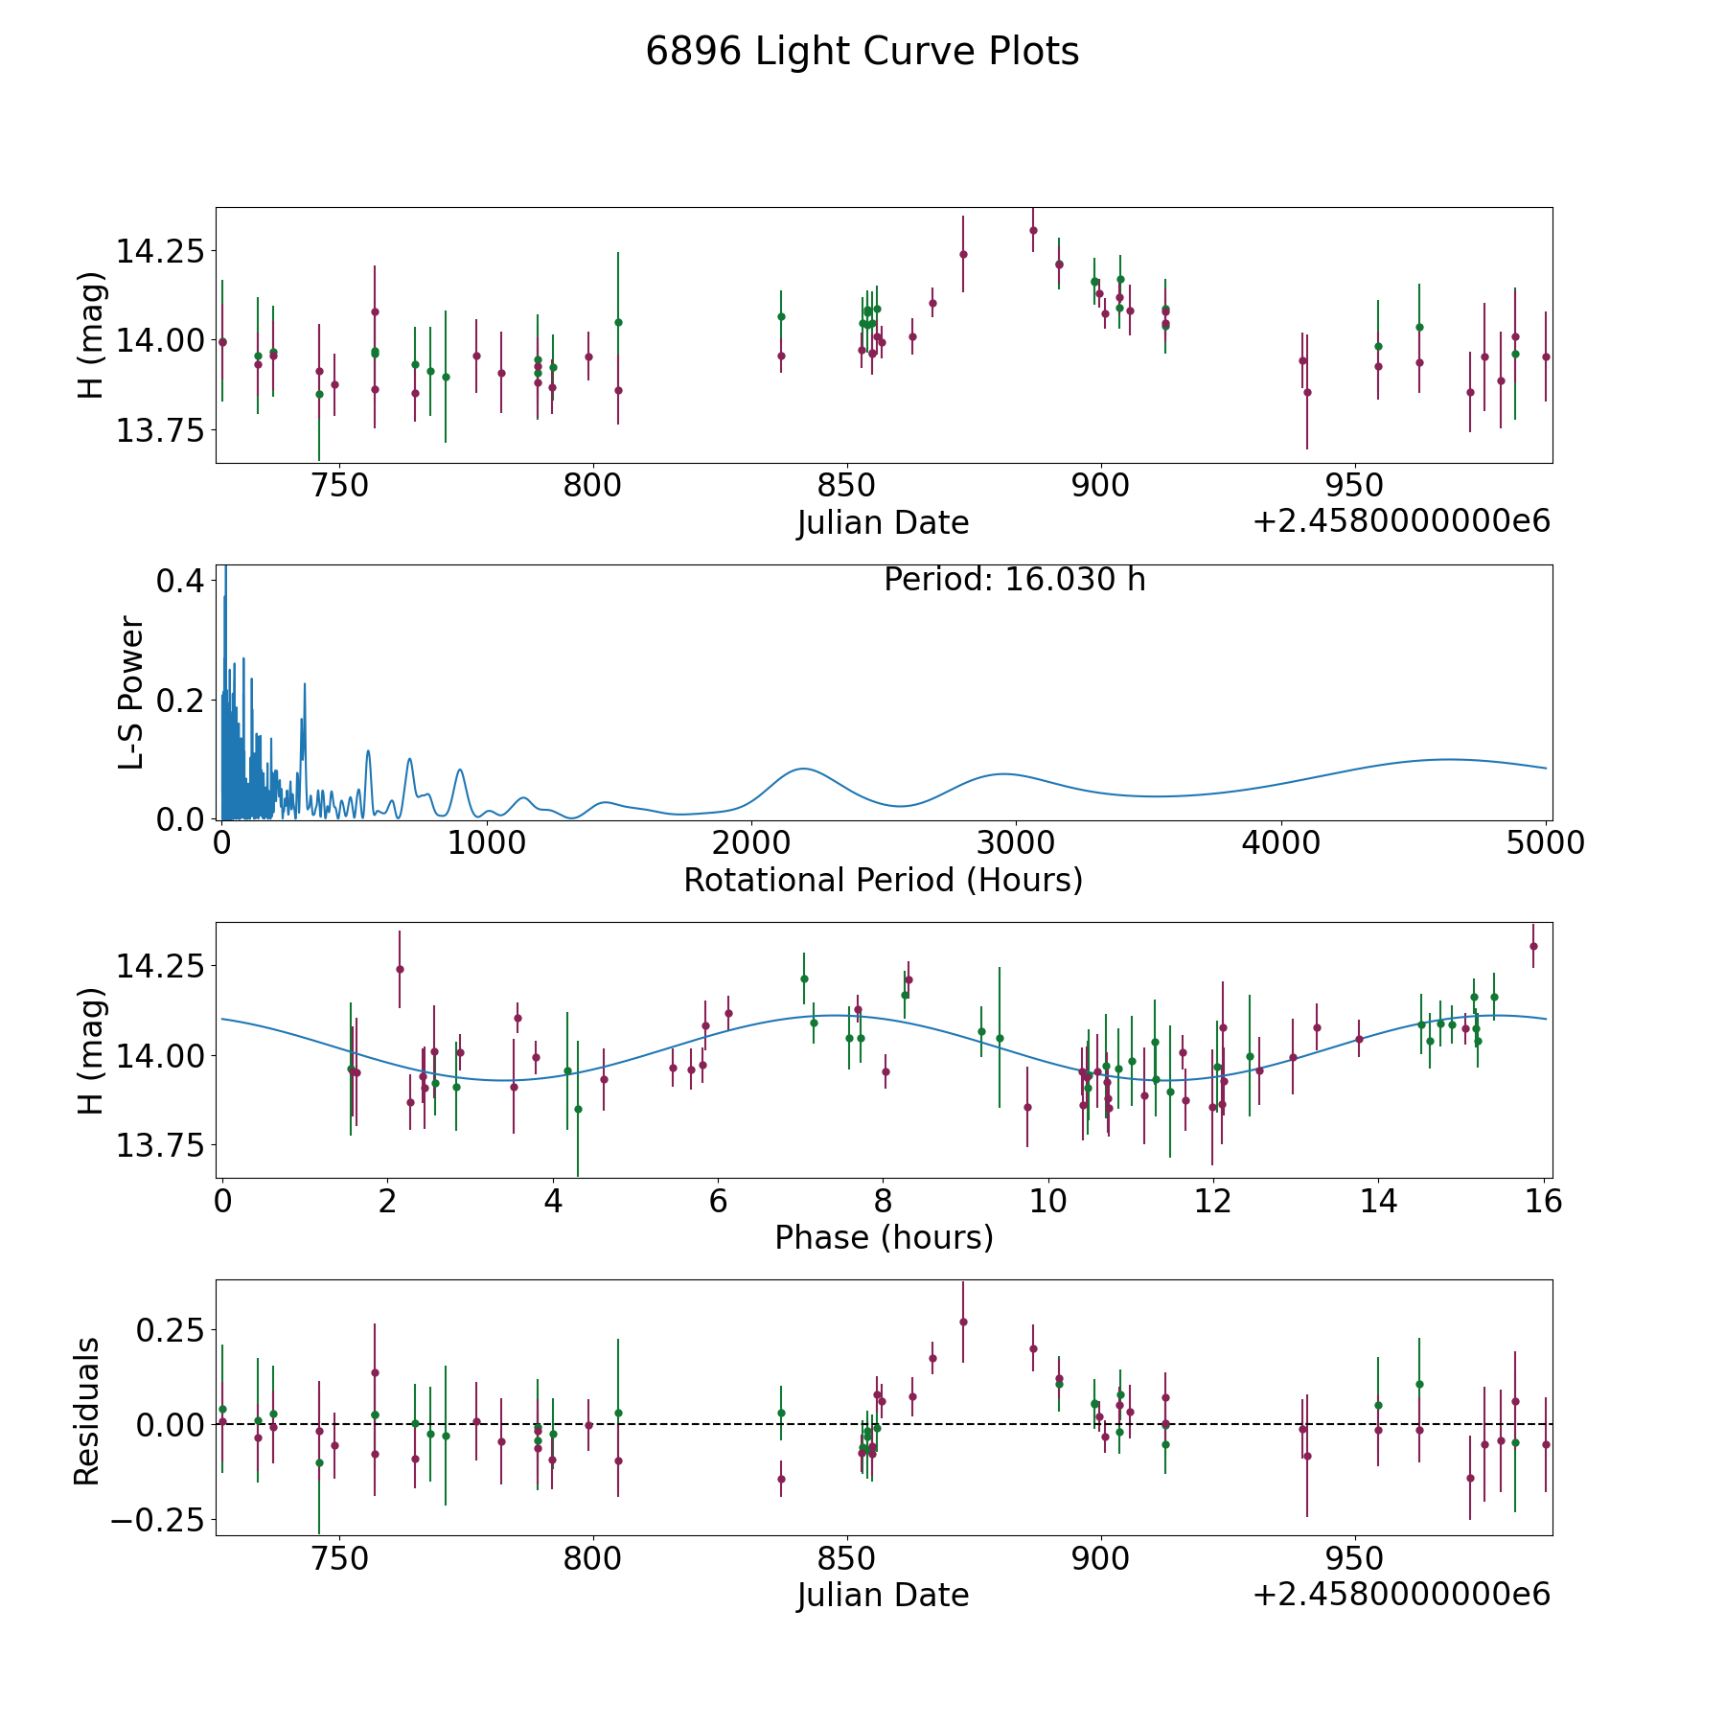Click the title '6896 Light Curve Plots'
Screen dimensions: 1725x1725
(x=862, y=52)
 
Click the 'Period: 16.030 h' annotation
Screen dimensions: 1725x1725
(x=1014, y=580)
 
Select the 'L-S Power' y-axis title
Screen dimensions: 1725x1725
(x=132, y=692)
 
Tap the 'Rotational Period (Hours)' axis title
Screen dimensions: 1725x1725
(x=883, y=880)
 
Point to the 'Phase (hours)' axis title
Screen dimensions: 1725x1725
(x=884, y=1237)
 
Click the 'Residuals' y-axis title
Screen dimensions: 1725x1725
(x=87, y=1411)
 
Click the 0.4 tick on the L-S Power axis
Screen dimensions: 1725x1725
(x=180, y=581)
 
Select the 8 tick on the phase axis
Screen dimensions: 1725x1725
(x=883, y=1201)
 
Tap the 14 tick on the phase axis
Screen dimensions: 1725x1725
(x=1378, y=1201)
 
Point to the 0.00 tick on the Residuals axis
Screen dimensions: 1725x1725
(x=170, y=1425)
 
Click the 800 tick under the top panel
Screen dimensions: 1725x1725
(x=592, y=486)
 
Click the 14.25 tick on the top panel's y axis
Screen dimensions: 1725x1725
(x=160, y=251)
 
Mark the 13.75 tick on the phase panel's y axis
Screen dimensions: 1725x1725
(x=160, y=1145)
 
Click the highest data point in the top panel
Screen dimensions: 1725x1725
(x=1033, y=230)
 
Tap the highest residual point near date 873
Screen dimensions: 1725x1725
(x=963, y=1322)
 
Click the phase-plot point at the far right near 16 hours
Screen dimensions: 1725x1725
(x=1533, y=946)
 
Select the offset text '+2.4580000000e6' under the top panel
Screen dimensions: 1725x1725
(x=1401, y=521)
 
